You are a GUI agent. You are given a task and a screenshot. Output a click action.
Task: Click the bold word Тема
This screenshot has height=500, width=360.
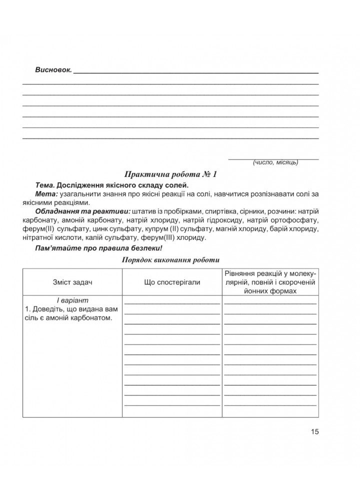(x=45, y=185)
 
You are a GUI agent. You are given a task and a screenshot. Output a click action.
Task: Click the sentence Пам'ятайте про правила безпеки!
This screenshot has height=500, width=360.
(x=96, y=248)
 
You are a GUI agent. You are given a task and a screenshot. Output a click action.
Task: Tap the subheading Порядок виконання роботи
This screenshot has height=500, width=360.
(x=170, y=260)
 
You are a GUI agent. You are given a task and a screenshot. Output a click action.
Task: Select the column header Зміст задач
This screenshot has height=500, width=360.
(x=72, y=282)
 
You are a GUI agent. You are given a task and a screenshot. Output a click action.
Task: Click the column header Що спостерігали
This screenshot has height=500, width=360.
(x=172, y=282)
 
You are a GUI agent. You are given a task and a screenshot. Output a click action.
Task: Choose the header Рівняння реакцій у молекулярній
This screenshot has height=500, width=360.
(x=270, y=274)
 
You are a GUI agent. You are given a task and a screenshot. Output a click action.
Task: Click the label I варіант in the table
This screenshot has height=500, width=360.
(x=72, y=301)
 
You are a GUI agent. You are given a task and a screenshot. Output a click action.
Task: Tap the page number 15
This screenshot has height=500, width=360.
(x=314, y=431)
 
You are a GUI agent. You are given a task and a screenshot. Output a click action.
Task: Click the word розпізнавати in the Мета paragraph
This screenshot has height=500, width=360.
(x=277, y=194)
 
